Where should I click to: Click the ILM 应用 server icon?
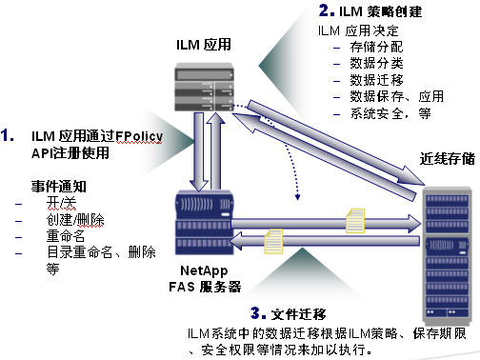[x=205, y=87]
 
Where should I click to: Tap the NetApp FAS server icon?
[x=205, y=222]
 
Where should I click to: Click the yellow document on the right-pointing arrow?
[x=355, y=221]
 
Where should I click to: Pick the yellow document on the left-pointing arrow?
[x=273, y=242]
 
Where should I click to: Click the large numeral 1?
[x=7, y=135]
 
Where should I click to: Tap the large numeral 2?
[x=327, y=10]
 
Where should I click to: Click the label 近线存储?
[x=448, y=158]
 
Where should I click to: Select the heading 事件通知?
[x=59, y=186]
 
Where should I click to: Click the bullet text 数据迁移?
[x=376, y=80]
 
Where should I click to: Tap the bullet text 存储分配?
[x=376, y=47]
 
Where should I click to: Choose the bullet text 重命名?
[x=66, y=235]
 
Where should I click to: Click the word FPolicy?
[x=139, y=136]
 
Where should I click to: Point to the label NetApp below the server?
[x=204, y=270]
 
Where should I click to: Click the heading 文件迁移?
[x=298, y=314]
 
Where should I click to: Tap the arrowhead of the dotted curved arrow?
[x=297, y=197]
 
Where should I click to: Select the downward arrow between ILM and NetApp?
[x=199, y=152]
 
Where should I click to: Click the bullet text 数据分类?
[x=376, y=64]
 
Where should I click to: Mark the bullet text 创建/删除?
[x=75, y=219]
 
